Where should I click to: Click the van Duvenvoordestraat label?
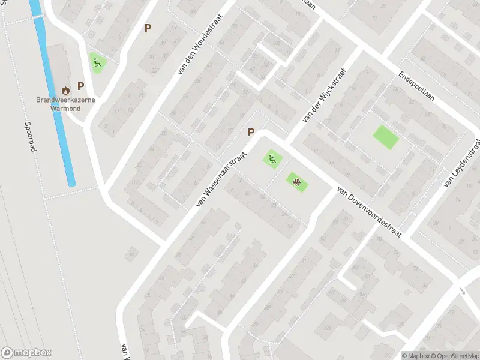[x=369, y=210]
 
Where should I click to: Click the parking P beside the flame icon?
[x=80, y=86]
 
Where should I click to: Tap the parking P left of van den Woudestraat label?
[x=148, y=28]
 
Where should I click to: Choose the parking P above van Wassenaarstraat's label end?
[x=251, y=133]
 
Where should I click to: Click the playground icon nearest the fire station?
[x=96, y=61]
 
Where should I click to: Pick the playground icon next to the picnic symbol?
[x=272, y=159]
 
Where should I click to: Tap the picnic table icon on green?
[x=296, y=180]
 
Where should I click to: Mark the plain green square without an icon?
[x=386, y=137]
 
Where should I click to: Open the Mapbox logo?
[x=26, y=353]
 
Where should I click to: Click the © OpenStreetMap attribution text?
[x=454, y=355]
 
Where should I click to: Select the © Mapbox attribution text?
[x=415, y=355]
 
